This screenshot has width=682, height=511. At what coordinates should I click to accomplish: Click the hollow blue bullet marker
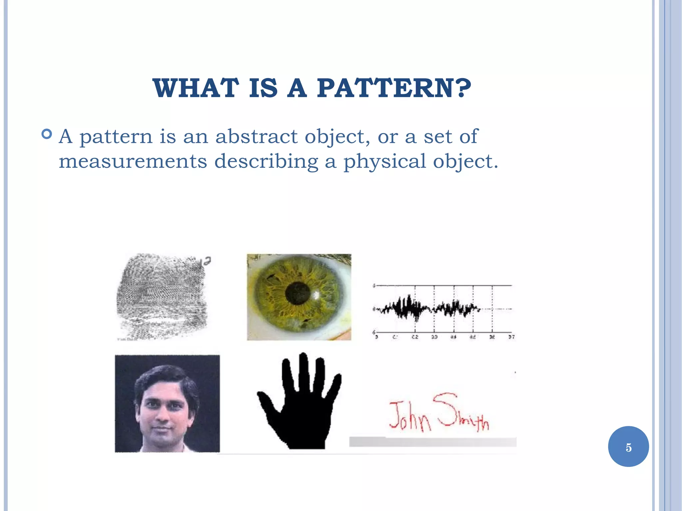(x=47, y=134)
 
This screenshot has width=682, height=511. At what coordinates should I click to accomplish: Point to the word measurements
(x=133, y=161)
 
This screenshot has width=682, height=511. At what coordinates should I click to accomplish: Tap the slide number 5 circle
(x=628, y=447)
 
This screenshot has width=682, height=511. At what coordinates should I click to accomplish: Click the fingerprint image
(x=162, y=296)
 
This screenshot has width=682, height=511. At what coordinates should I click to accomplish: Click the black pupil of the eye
(x=297, y=293)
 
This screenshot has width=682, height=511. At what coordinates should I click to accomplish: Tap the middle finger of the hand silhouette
(x=303, y=370)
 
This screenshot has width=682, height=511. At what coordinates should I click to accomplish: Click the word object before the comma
(x=336, y=137)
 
